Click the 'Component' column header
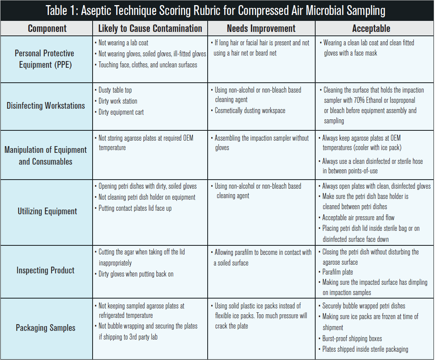[x=47, y=29]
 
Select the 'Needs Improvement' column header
[x=261, y=29]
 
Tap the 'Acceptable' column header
[x=371, y=29]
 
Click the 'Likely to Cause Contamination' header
[x=150, y=29]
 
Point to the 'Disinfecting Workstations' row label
[x=46, y=106]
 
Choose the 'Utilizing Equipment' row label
[x=47, y=212]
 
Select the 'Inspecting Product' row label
[x=45, y=271]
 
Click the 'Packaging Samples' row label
[x=45, y=328]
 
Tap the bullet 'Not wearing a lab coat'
[x=123, y=43]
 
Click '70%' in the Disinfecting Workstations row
[x=359, y=100]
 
